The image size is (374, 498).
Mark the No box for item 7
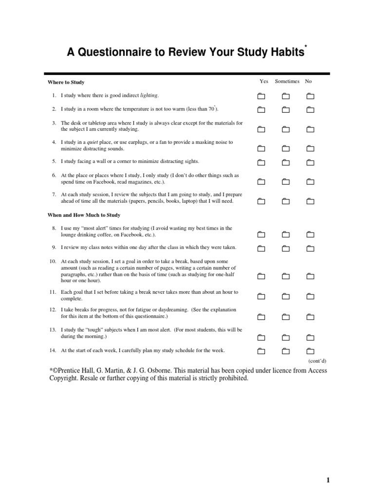coord(310,201)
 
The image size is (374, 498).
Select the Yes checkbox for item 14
coord(261,351)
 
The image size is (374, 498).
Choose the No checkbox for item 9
coord(310,249)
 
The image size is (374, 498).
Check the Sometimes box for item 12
coord(285,317)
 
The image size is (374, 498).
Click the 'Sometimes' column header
coord(287,81)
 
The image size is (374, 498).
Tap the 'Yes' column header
coord(264,81)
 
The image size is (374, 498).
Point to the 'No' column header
coord(308,81)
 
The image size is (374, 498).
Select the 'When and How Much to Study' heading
coord(84,214)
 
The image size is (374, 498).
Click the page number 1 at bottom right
coord(328,480)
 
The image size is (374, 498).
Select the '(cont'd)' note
coord(317,361)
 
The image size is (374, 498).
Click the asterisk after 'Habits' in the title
coord(305,47)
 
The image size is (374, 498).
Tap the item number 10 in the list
coord(53,261)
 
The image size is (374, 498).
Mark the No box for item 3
coord(310,129)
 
